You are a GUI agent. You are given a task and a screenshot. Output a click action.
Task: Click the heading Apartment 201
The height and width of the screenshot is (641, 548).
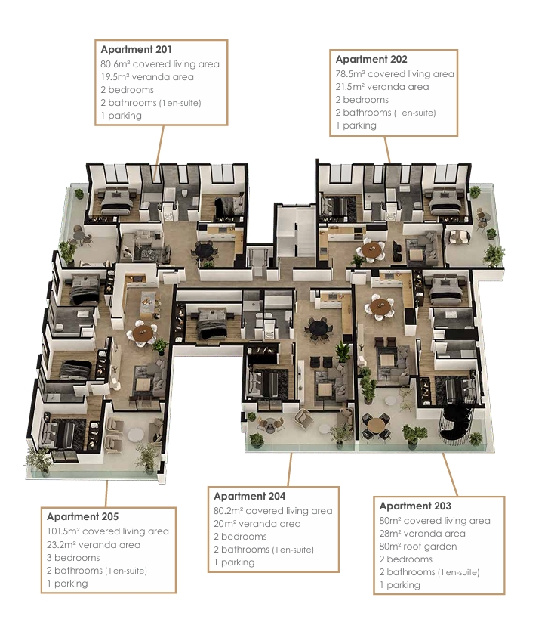pyautogui.click(x=136, y=49)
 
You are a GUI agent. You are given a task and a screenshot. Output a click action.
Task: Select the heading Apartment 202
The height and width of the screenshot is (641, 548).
pyautogui.click(x=371, y=59)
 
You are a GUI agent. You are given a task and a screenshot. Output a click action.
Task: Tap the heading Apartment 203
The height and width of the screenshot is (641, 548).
pyautogui.click(x=415, y=506)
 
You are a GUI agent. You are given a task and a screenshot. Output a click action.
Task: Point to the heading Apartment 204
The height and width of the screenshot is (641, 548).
pyautogui.click(x=250, y=496)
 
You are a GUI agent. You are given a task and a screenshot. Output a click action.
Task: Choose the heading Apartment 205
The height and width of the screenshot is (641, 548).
pyautogui.click(x=82, y=516)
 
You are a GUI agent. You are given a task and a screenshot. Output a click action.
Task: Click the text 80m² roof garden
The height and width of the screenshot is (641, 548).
pyautogui.click(x=417, y=547)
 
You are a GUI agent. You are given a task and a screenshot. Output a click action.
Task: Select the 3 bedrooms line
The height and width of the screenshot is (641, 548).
pyautogui.click(x=73, y=558)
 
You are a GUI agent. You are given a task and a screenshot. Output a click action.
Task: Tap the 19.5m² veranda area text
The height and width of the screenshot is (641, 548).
pyautogui.click(x=147, y=77)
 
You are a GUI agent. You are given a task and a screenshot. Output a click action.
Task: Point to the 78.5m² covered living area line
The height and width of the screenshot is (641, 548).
pyautogui.click(x=395, y=74)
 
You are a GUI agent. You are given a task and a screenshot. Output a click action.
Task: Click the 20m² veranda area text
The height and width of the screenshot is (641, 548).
pyautogui.click(x=257, y=524)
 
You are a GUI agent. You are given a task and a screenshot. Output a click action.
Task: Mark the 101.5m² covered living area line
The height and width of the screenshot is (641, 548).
pyautogui.click(x=107, y=531)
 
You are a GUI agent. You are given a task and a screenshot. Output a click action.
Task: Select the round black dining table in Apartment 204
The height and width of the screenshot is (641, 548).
pyautogui.click(x=318, y=327)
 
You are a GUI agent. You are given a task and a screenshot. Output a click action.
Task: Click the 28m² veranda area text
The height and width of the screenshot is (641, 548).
pyautogui.click(x=422, y=534)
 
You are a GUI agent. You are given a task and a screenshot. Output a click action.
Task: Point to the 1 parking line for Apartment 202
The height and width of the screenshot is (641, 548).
pyautogui.click(x=356, y=125)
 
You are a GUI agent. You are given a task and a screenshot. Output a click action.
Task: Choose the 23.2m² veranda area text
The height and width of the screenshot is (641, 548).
pyautogui.click(x=94, y=544)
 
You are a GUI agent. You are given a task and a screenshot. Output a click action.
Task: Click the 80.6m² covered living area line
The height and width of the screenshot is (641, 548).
pyautogui.click(x=160, y=64)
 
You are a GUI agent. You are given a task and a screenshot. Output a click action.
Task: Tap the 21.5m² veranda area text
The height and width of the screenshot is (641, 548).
pyautogui.click(x=382, y=87)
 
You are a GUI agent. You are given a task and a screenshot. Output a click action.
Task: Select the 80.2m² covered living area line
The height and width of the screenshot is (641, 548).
pyautogui.click(x=272, y=511)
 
